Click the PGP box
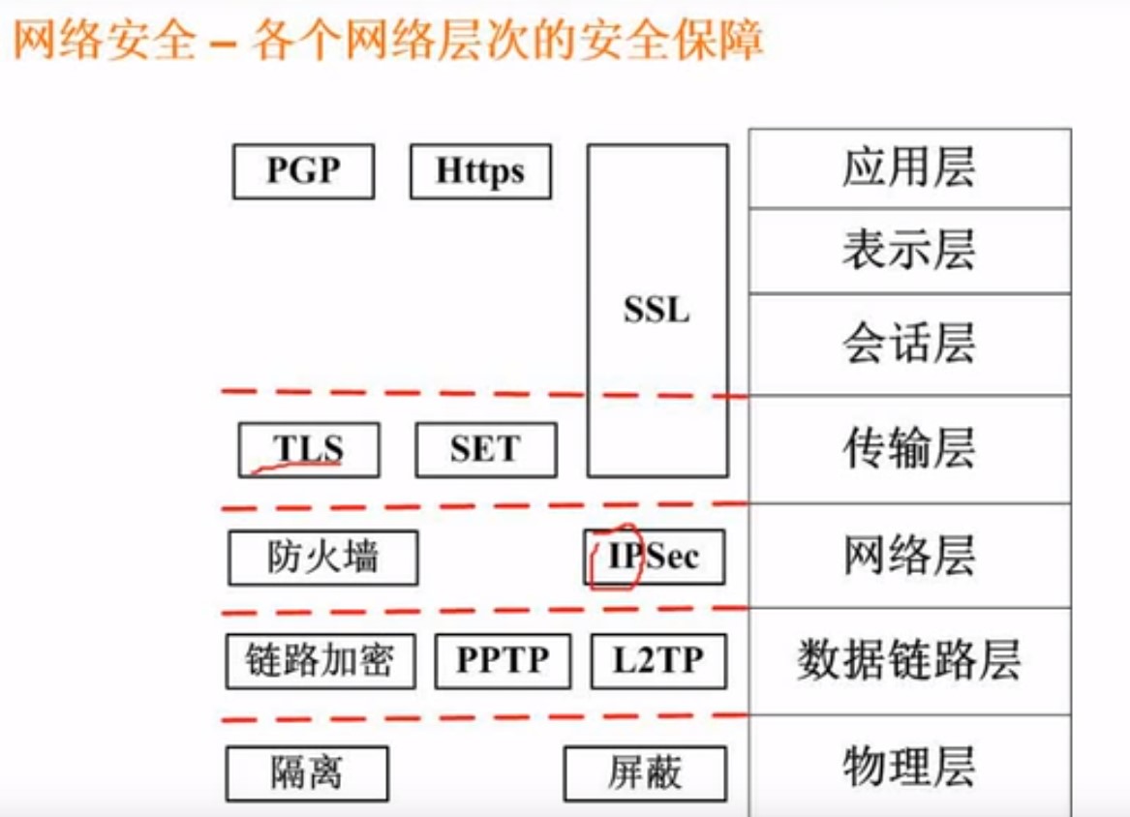[x=303, y=171]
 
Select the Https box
[x=480, y=171]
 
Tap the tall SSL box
[x=657, y=310]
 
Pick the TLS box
[x=309, y=449]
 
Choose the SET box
[x=486, y=449]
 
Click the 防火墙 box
[x=323, y=558]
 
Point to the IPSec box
[x=655, y=557]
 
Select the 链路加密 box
[x=321, y=661]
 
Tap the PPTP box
[x=503, y=661]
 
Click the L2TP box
[x=658, y=661]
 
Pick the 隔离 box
[x=307, y=773]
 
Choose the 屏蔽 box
[x=645, y=773]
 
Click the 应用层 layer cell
[x=909, y=168]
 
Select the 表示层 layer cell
[x=909, y=251]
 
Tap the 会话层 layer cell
[x=909, y=344]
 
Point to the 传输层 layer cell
[x=909, y=449]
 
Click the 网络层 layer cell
[x=909, y=556]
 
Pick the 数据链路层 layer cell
[x=909, y=661]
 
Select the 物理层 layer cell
[x=909, y=767]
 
